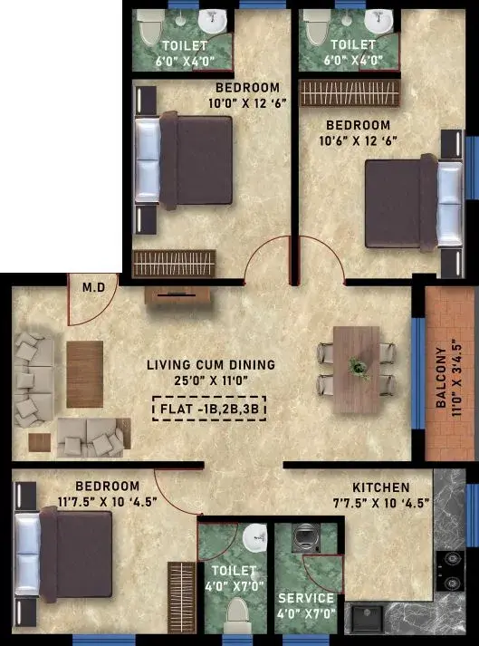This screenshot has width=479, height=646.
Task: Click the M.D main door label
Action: tap(94, 287)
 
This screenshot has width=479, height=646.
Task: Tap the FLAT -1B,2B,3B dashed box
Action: tap(209, 409)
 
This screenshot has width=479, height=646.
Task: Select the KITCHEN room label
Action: tap(381, 487)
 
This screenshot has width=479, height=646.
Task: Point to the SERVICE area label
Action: tap(306, 598)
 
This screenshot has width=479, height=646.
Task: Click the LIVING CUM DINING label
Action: tap(211, 364)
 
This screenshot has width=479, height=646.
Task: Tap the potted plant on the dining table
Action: tap(358, 367)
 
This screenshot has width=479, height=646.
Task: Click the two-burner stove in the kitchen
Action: tap(451, 571)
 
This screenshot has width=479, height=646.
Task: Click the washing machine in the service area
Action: tap(305, 538)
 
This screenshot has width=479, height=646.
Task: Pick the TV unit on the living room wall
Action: tap(177, 295)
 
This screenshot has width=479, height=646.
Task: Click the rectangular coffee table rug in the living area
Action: tap(85, 374)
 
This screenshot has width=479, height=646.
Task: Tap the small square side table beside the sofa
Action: tap(40, 442)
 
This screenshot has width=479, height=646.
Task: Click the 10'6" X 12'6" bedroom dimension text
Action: tap(358, 141)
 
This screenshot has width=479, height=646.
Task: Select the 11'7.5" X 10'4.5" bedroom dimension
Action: tap(108, 502)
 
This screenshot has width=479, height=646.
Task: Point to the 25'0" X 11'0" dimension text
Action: tap(211, 381)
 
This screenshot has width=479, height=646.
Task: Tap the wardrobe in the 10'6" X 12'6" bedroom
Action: tap(350, 92)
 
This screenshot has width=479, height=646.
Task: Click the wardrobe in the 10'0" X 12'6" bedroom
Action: tap(174, 264)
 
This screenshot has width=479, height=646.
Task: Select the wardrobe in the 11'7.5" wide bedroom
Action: tap(181, 597)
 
